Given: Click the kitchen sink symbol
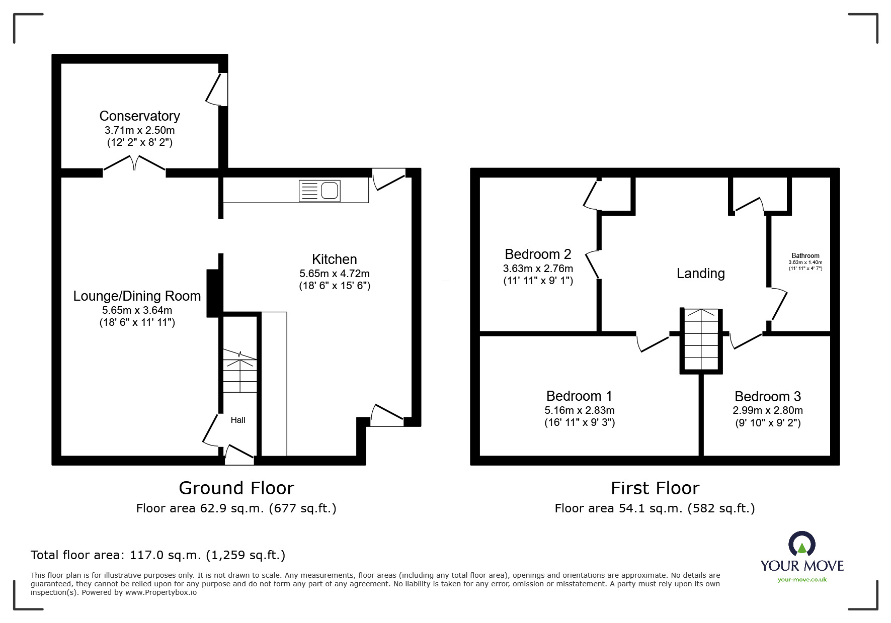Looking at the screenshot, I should point(319,191).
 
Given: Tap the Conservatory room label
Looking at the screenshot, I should point(139,116).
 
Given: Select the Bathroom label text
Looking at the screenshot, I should point(805,255).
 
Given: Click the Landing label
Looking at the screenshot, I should point(700,274).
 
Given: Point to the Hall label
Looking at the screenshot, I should point(238,420).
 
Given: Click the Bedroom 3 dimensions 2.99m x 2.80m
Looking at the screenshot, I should point(767,410).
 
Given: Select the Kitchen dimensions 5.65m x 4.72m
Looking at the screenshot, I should point(334,274).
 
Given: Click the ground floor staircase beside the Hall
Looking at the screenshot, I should point(240,372).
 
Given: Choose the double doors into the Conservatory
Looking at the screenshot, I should point(134,164).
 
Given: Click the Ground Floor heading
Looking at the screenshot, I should point(236,488).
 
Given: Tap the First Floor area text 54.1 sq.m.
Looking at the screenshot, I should point(655,508).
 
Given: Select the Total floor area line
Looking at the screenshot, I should point(158,555).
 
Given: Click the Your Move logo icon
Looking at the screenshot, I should point(801,544).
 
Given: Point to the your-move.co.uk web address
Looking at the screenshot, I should point(802,580).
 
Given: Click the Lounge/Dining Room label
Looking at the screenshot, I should point(137,296).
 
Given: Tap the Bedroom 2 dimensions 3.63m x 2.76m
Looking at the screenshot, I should point(538,269).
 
